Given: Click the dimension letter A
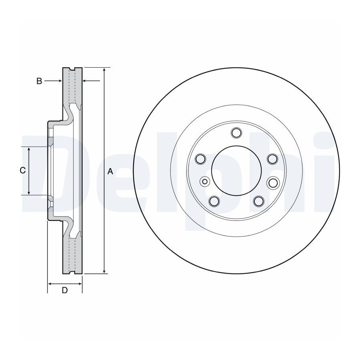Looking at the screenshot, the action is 110,171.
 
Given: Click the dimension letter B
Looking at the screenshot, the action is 39,81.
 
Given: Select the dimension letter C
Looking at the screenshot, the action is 22,170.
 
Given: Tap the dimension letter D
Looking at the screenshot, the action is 65,290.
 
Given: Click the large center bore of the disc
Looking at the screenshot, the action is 236,170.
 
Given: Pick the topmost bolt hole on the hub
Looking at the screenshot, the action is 236,132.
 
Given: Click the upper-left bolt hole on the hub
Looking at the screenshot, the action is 200,159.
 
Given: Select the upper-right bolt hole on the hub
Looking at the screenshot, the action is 272,159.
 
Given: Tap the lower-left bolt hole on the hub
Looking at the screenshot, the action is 214,201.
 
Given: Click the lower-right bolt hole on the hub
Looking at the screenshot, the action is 259,201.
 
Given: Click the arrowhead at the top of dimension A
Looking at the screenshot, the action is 104,70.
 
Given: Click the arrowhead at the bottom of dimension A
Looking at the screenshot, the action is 104,271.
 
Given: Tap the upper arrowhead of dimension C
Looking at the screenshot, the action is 29,150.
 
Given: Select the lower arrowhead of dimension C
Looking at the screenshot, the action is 29,192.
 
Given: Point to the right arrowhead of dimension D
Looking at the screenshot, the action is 80,284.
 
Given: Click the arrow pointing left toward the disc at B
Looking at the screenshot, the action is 91,81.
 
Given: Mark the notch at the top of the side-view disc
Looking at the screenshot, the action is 72,69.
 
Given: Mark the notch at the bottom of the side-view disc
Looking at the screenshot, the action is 72,272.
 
